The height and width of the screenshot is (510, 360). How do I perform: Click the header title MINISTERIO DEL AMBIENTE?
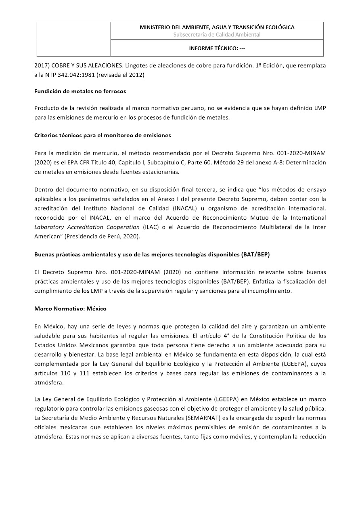coord(217,27)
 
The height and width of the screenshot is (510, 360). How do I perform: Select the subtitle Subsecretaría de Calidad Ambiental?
coord(217,34)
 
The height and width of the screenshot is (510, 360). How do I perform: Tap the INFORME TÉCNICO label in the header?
coord(217,48)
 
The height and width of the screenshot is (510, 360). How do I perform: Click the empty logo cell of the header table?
coord(74,39)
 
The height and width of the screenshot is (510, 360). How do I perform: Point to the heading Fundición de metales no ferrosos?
coord(80,91)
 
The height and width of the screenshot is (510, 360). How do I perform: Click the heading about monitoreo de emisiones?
coord(103,135)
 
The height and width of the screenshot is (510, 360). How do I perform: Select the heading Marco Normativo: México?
coord(70,309)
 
